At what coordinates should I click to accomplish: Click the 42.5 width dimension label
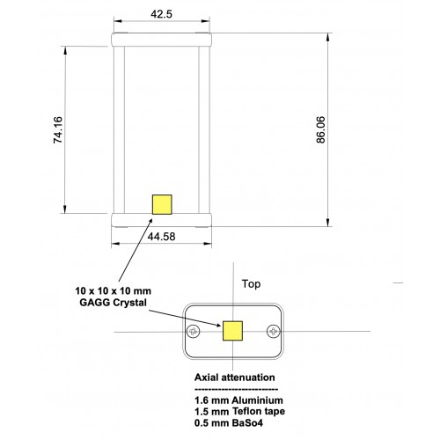161,14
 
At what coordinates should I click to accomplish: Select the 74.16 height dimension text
58,129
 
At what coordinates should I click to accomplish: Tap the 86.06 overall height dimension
321,129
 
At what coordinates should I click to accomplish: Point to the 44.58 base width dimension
161,237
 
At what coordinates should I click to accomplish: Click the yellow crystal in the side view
162,204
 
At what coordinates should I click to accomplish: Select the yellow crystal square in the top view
232,331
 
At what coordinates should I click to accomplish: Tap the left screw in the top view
194,332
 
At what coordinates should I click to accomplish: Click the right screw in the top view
274,332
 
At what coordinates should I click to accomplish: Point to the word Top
251,284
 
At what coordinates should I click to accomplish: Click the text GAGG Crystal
113,303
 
